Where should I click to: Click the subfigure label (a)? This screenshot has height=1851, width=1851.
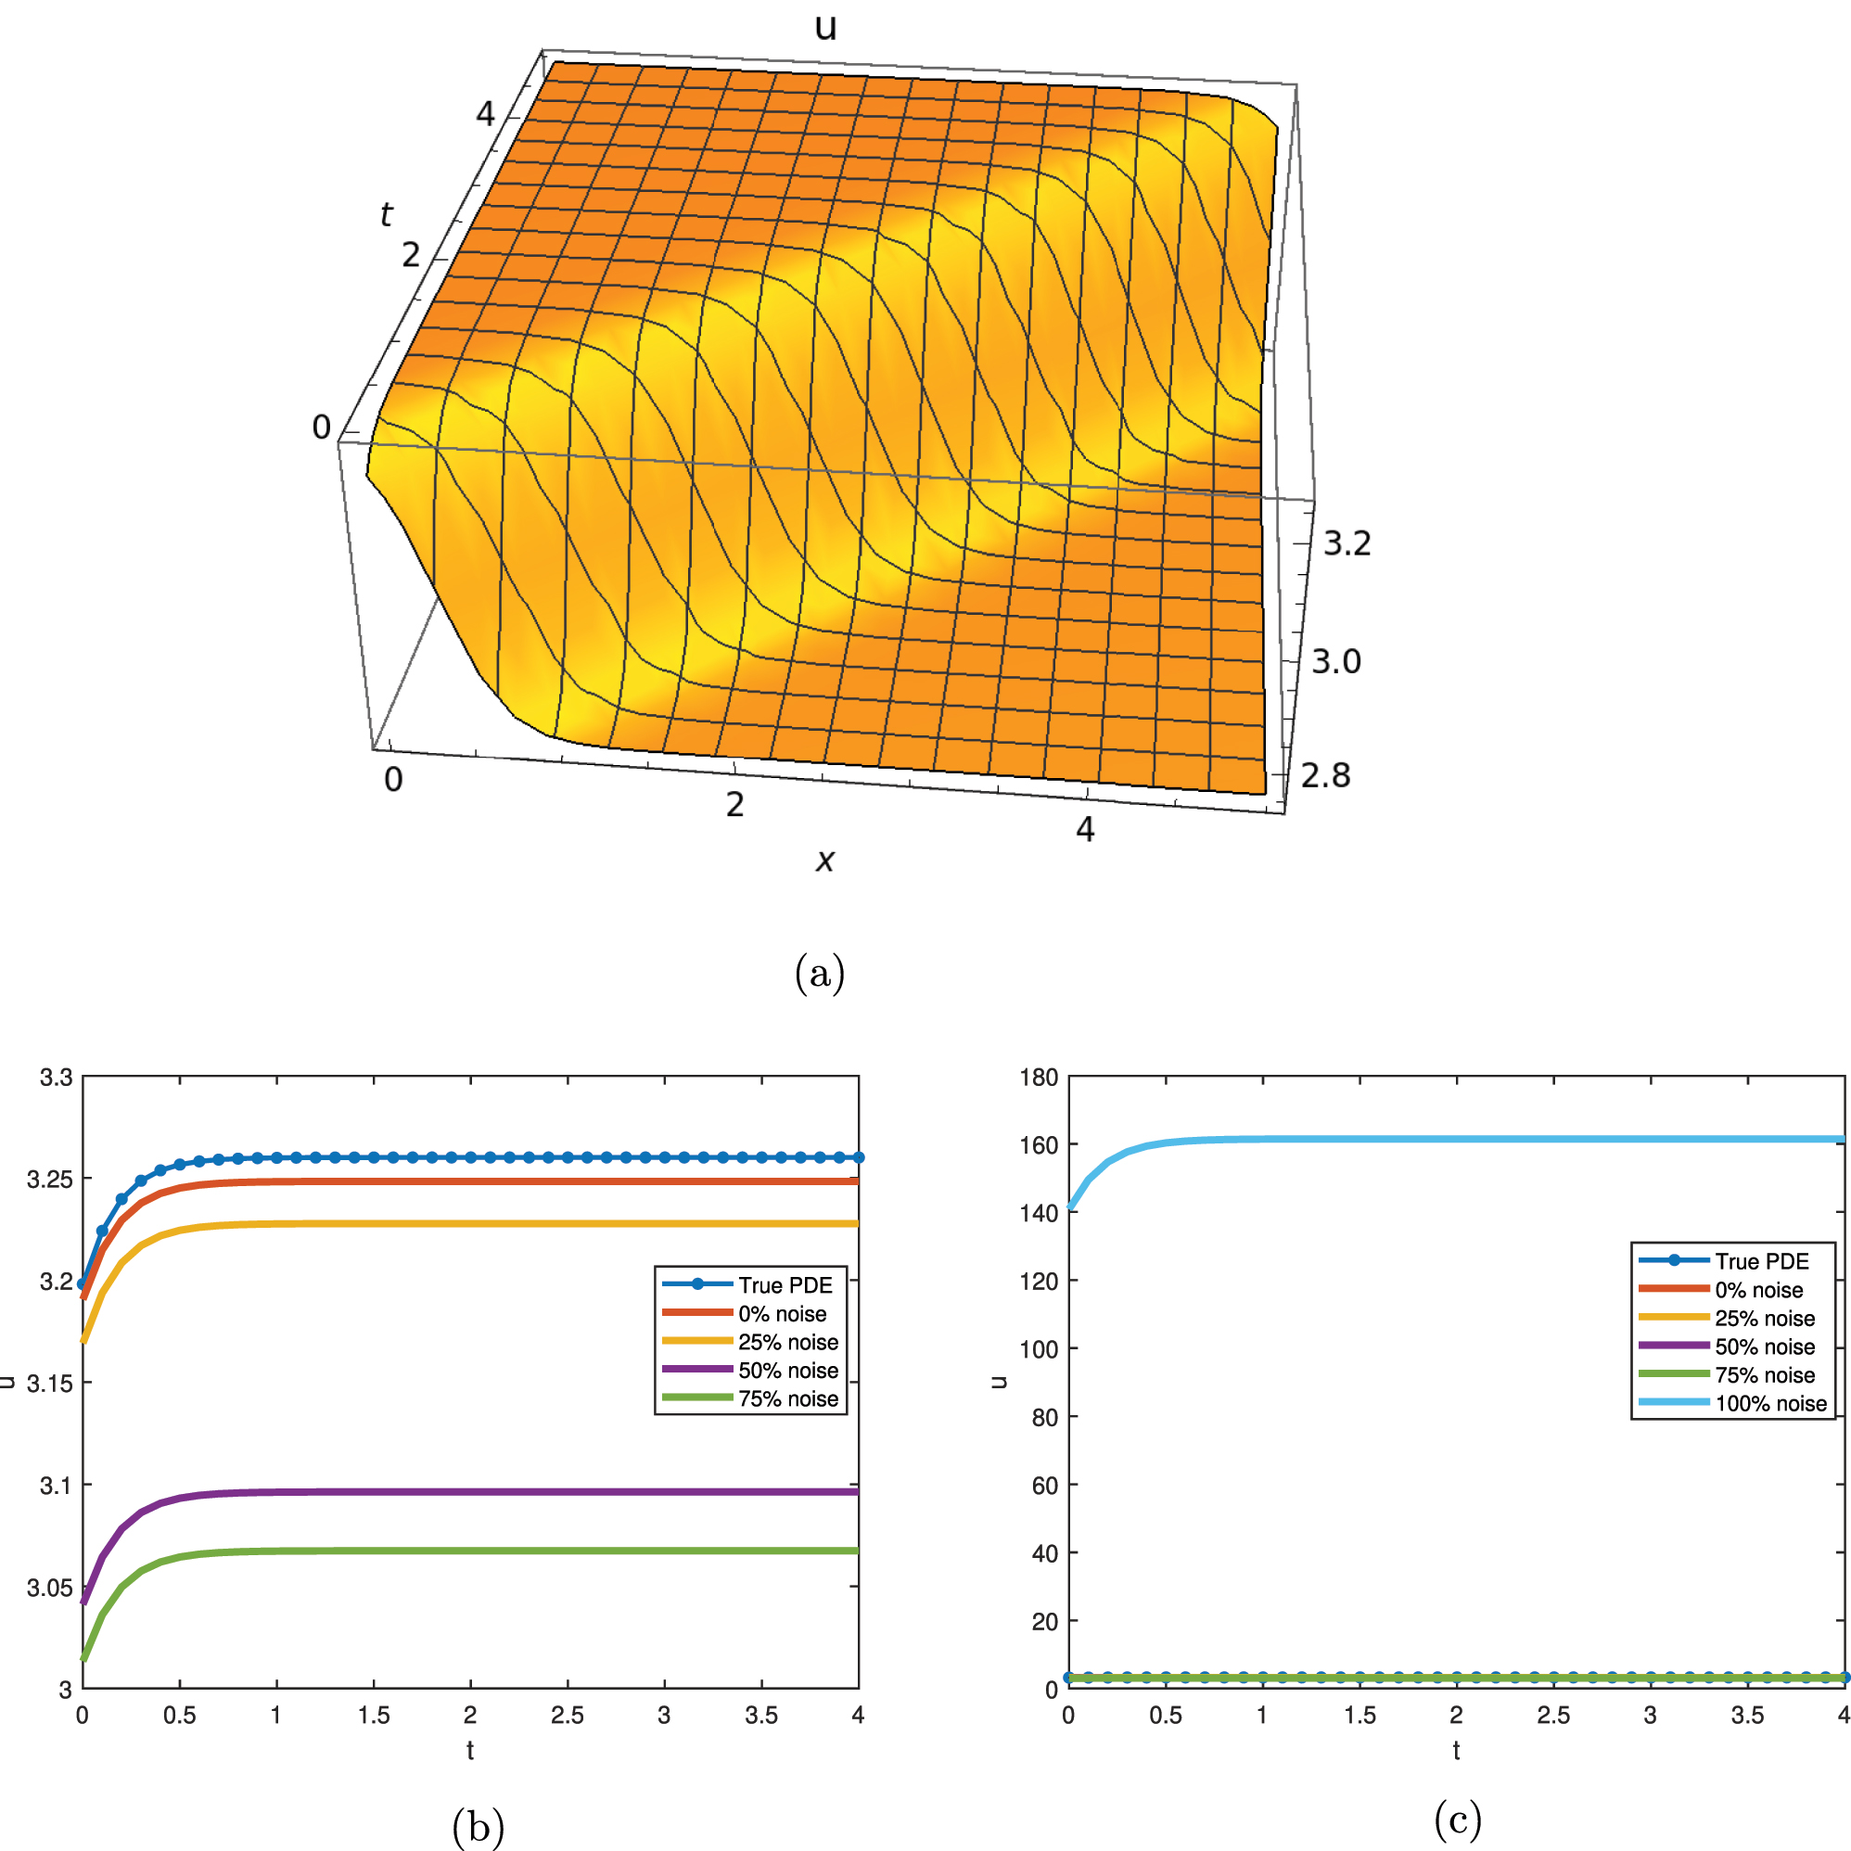click(819, 974)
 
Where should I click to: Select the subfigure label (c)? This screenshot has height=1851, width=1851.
click(1457, 1818)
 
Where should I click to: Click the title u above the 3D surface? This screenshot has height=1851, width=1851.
click(825, 27)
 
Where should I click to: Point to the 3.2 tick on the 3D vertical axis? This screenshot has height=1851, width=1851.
click(1347, 544)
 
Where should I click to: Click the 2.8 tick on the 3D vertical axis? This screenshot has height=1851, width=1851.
click(1325, 775)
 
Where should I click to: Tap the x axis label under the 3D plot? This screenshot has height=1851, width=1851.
click(823, 861)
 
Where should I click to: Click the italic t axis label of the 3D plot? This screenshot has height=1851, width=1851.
click(386, 213)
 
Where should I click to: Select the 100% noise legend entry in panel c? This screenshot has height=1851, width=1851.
click(1769, 1404)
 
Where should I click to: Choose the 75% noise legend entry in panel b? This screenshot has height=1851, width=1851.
click(787, 1398)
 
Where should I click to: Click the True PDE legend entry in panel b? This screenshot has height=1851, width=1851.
click(785, 1284)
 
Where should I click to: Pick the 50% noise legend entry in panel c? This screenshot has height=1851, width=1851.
click(1764, 1347)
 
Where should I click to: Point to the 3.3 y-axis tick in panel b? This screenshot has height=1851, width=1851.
click(56, 1078)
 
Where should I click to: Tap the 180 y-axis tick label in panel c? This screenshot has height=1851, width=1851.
click(1039, 1078)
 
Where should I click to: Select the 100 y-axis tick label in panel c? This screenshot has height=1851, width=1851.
click(1039, 1349)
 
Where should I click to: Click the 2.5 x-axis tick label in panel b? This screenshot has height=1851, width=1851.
click(568, 1714)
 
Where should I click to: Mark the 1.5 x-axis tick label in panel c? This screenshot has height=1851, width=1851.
click(1360, 1714)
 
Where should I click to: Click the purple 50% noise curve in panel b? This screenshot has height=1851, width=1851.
click(479, 1492)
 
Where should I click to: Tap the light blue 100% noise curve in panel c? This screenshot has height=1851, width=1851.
click(1437, 1139)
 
